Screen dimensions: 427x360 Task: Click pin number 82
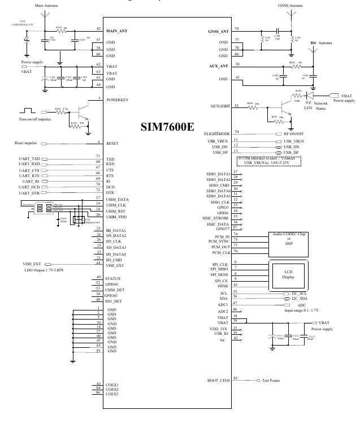(x=99, y=29)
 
